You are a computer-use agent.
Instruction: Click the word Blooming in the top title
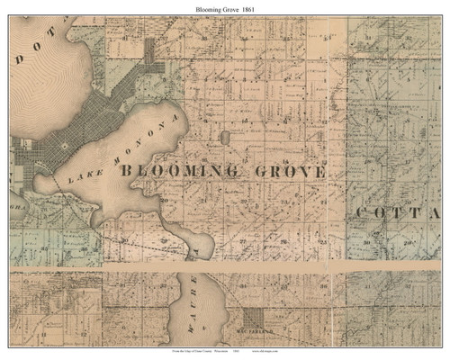click(x=211, y=8)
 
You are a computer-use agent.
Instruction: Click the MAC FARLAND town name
click(x=256, y=333)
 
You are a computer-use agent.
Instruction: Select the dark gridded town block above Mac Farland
click(x=256, y=319)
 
